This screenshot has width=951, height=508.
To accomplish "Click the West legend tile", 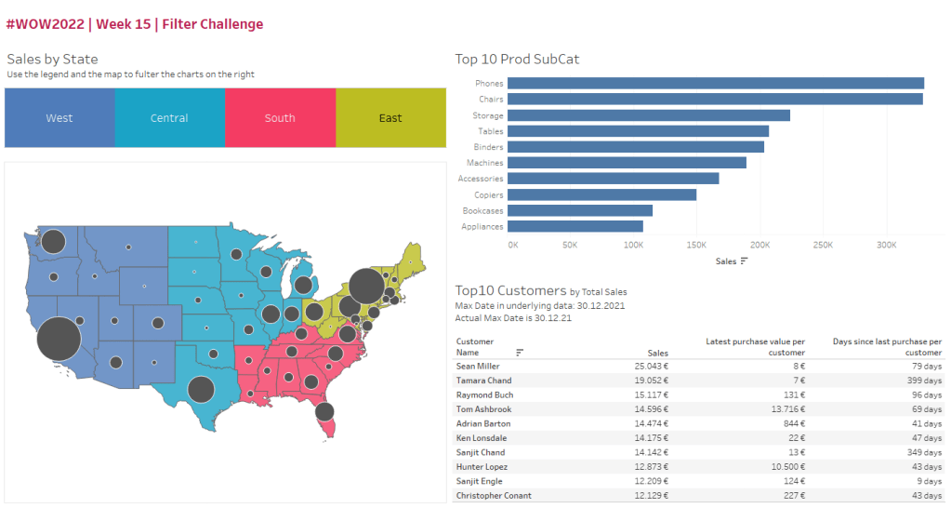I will click(x=59, y=118).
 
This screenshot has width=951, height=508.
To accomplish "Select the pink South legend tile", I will click(x=280, y=118).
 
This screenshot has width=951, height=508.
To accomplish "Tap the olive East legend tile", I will click(x=390, y=118).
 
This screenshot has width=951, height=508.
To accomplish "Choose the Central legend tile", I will click(x=169, y=118).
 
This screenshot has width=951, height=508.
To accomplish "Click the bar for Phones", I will click(x=715, y=84).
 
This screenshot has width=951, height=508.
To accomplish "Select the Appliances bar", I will click(x=575, y=226).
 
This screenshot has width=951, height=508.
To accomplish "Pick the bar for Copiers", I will click(x=601, y=194).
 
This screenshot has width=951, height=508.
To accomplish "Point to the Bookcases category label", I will click(x=482, y=211).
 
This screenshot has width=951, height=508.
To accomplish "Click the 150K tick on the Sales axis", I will click(x=697, y=245).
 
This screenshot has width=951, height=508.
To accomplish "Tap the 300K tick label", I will click(x=886, y=245).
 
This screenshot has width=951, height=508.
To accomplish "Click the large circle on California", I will click(x=58, y=339).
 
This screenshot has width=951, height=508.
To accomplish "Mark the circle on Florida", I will click(x=324, y=411).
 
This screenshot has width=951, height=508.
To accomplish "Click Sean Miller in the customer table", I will click(x=478, y=367).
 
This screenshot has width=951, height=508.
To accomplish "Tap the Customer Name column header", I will click(x=475, y=347).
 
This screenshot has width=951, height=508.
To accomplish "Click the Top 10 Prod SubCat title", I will click(x=517, y=60).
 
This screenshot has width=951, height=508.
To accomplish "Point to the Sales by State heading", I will click(x=52, y=60).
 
